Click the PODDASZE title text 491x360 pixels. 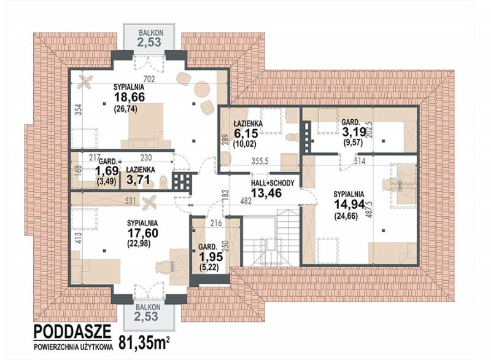(72, 331)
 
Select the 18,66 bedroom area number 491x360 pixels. (130, 97)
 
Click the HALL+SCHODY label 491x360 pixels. (273, 183)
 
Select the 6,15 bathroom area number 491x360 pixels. (246, 133)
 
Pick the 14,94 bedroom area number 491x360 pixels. (349, 205)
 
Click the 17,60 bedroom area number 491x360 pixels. (142, 233)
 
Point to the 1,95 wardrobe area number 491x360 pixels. (211, 257)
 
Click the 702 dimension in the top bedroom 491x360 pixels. (149, 79)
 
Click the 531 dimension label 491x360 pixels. (130, 200)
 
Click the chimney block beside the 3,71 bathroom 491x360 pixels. (182, 182)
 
